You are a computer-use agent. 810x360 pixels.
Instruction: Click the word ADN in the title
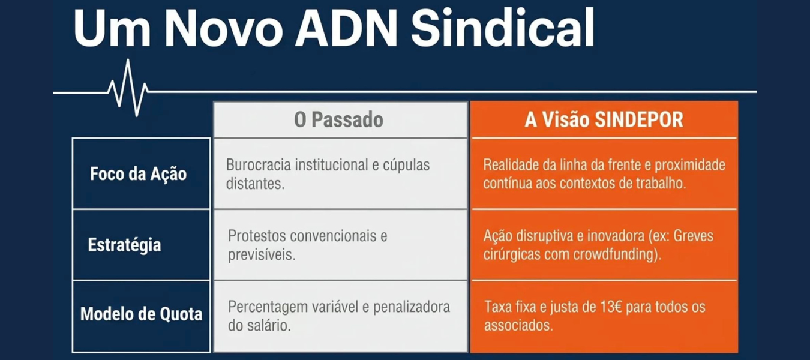346,28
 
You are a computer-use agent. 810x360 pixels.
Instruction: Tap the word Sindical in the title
503,28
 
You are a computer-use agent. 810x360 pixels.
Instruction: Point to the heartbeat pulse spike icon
128,88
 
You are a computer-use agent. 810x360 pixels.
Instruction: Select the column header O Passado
338,119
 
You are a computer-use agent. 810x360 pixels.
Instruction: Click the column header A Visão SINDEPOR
604,119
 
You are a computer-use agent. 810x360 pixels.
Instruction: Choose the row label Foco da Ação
138,173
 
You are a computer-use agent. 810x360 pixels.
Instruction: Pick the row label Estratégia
124,245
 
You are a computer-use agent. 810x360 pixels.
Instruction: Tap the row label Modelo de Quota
141,314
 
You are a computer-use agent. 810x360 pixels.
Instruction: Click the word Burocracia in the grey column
259,165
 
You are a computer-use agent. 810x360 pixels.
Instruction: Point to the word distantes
255,184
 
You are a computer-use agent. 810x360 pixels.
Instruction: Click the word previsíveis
262,255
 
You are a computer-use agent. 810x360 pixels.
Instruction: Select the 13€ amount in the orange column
611,307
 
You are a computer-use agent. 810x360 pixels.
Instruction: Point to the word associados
519,325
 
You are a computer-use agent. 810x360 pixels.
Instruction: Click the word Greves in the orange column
694,236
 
